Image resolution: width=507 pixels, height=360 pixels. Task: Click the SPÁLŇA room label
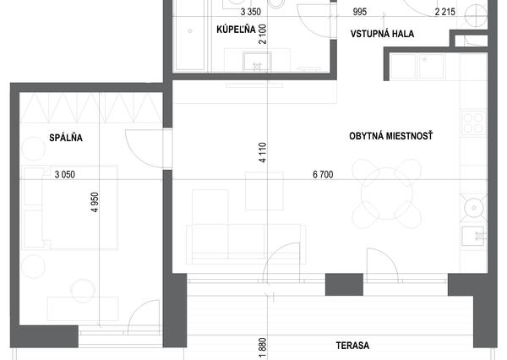click(x=66, y=138)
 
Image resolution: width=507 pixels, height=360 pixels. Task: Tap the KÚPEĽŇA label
click(x=236, y=30)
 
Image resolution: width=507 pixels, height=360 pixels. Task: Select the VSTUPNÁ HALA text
click(x=382, y=34)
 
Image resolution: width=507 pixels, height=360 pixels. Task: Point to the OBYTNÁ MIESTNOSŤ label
click(x=391, y=136)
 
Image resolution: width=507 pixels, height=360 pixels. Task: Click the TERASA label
click(x=352, y=346)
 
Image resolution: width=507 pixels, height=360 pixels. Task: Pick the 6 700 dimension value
click(x=323, y=175)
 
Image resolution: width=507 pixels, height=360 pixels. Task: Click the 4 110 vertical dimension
click(x=263, y=153)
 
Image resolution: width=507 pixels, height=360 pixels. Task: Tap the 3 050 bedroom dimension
click(x=65, y=175)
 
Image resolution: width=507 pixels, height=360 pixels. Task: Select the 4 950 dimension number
click(x=95, y=203)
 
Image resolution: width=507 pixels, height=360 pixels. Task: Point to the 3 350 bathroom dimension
click(x=251, y=12)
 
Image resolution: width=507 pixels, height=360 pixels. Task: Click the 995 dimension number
click(x=360, y=12)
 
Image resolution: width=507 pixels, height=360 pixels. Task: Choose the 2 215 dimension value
click(x=445, y=12)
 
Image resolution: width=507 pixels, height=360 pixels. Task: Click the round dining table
click(x=387, y=194)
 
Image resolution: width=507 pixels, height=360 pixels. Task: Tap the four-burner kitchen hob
click(x=474, y=123)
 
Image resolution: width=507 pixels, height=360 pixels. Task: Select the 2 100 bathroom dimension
click(x=263, y=34)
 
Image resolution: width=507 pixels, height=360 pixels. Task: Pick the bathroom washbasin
click(x=257, y=62)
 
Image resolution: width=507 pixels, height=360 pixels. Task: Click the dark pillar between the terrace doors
click(x=344, y=284)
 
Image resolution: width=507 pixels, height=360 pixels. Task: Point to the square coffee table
click(x=264, y=191)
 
